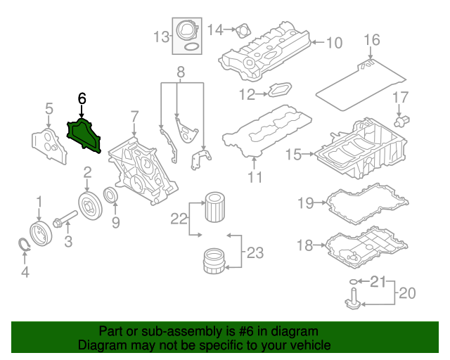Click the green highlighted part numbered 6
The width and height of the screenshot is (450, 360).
(x=84, y=135)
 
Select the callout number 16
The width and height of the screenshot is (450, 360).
(x=372, y=39)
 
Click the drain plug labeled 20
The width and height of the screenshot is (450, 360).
(x=352, y=301)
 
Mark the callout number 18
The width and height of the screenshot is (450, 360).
(x=304, y=245)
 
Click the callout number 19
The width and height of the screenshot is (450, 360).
(x=304, y=204)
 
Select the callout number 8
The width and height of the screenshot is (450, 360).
(x=180, y=72)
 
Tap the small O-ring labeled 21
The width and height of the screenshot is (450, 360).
(x=352, y=283)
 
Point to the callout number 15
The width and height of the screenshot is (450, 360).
(x=293, y=153)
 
